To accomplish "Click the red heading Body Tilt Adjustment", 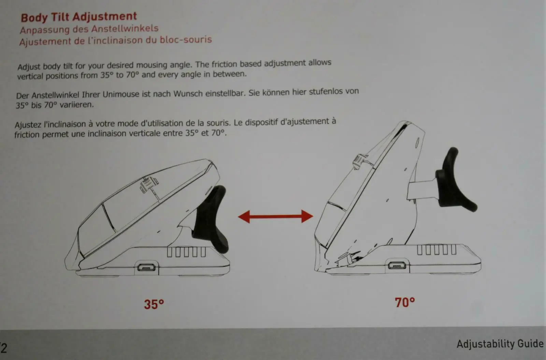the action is coord(79,17).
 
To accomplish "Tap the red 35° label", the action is coord(154,304).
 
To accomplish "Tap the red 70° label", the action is coord(405,302).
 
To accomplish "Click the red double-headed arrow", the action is coord(275,216).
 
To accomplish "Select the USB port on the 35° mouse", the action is coord(146,268).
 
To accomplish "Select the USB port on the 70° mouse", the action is coord(397,265).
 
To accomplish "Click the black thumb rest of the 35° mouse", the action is coord(211,219).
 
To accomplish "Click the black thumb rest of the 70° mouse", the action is coord(454,181).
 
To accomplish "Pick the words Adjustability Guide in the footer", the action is coord(500,344).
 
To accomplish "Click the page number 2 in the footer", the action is coord(4,348).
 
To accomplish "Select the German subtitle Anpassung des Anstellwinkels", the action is coord(89,29).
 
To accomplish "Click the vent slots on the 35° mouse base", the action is coord(186,252).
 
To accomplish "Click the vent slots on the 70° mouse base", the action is coord(436,249).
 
